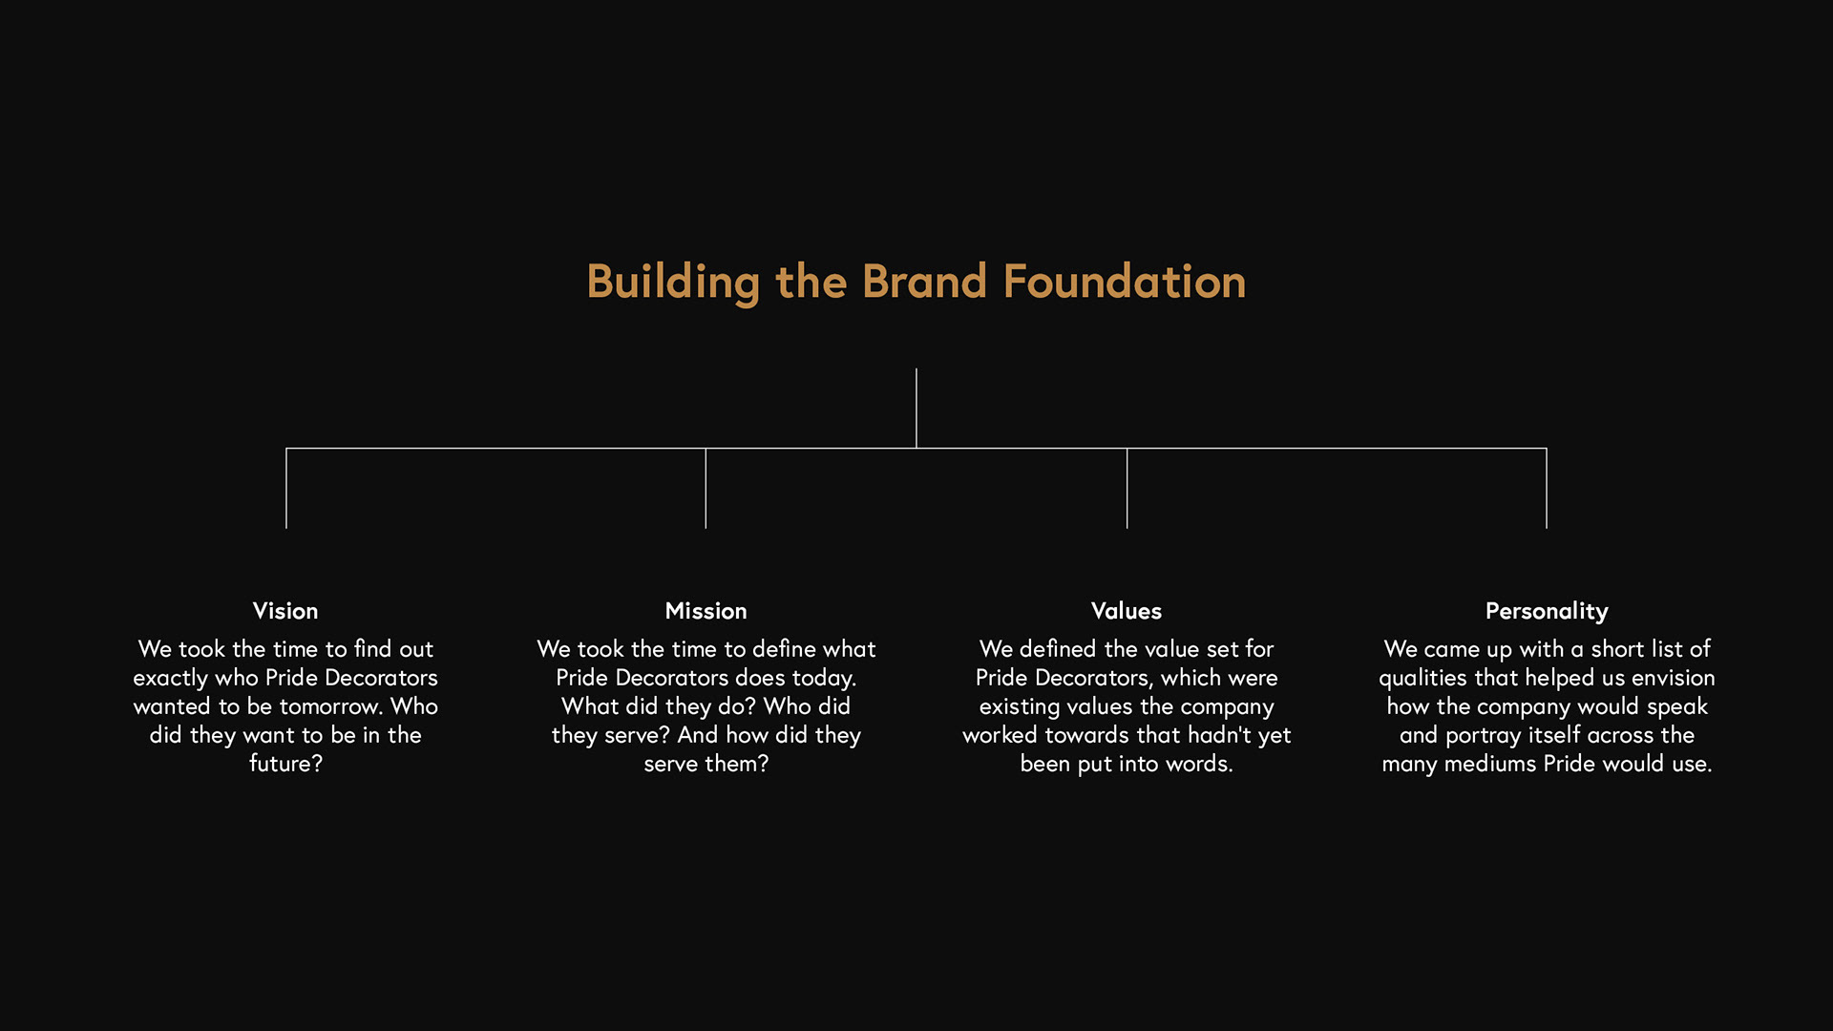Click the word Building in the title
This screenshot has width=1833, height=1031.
[x=673, y=283]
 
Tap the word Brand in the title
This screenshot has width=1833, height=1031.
[x=924, y=282]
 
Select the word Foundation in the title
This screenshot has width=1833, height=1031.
[x=1125, y=282]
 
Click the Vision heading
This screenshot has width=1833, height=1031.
[x=285, y=611]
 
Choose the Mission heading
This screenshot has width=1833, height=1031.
[x=706, y=611]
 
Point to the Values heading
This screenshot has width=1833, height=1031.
[x=1127, y=611]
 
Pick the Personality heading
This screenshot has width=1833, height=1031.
[x=1547, y=612]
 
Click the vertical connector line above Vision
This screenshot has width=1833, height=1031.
[x=286, y=488]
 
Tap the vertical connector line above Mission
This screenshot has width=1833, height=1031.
[x=706, y=488]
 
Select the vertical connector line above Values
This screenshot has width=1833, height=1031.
[x=1127, y=488]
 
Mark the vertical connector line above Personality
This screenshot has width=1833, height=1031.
[x=1547, y=488]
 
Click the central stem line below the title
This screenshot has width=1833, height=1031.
[x=916, y=408]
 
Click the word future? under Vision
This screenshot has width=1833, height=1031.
[x=286, y=764]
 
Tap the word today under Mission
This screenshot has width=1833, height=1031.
[x=824, y=679]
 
